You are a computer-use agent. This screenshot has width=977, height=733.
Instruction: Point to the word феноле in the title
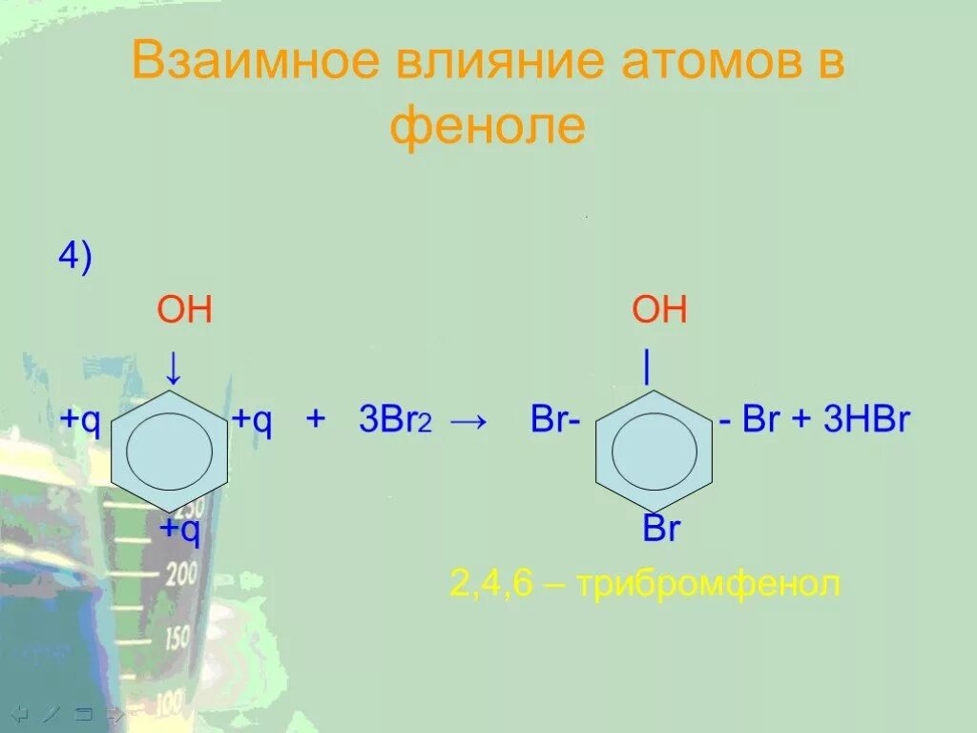pyautogui.click(x=487, y=126)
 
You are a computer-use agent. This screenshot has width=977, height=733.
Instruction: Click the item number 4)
pyautogui.click(x=74, y=258)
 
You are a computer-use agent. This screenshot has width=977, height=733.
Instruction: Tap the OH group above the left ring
pyautogui.click(x=183, y=311)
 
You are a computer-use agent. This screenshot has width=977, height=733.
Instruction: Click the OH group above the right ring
pyautogui.click(x=659, y=311)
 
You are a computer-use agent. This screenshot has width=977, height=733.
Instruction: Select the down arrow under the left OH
pyautogui.click(x=173, y=367)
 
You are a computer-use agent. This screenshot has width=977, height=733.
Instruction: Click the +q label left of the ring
pyautogui.click(x=80, y=420)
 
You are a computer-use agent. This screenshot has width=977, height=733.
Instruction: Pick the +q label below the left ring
pyautogui.click(x=179, y=529)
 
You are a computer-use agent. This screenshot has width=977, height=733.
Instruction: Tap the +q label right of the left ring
pyautogui.click(x=252, y=420)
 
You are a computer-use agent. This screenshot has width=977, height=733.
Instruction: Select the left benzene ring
pyautogui.click(x=170, y=449)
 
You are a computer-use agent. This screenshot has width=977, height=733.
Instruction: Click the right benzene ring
pyautogui.click(x=654, y=449)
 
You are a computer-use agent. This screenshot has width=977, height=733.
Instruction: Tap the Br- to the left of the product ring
pyautogui.click(x=555, y=421)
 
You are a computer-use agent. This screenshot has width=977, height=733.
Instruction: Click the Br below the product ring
pyautogui.click(x=660, y=529)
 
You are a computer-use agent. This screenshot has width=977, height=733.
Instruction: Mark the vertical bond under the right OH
pyautogui.click(x=647, y=367)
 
